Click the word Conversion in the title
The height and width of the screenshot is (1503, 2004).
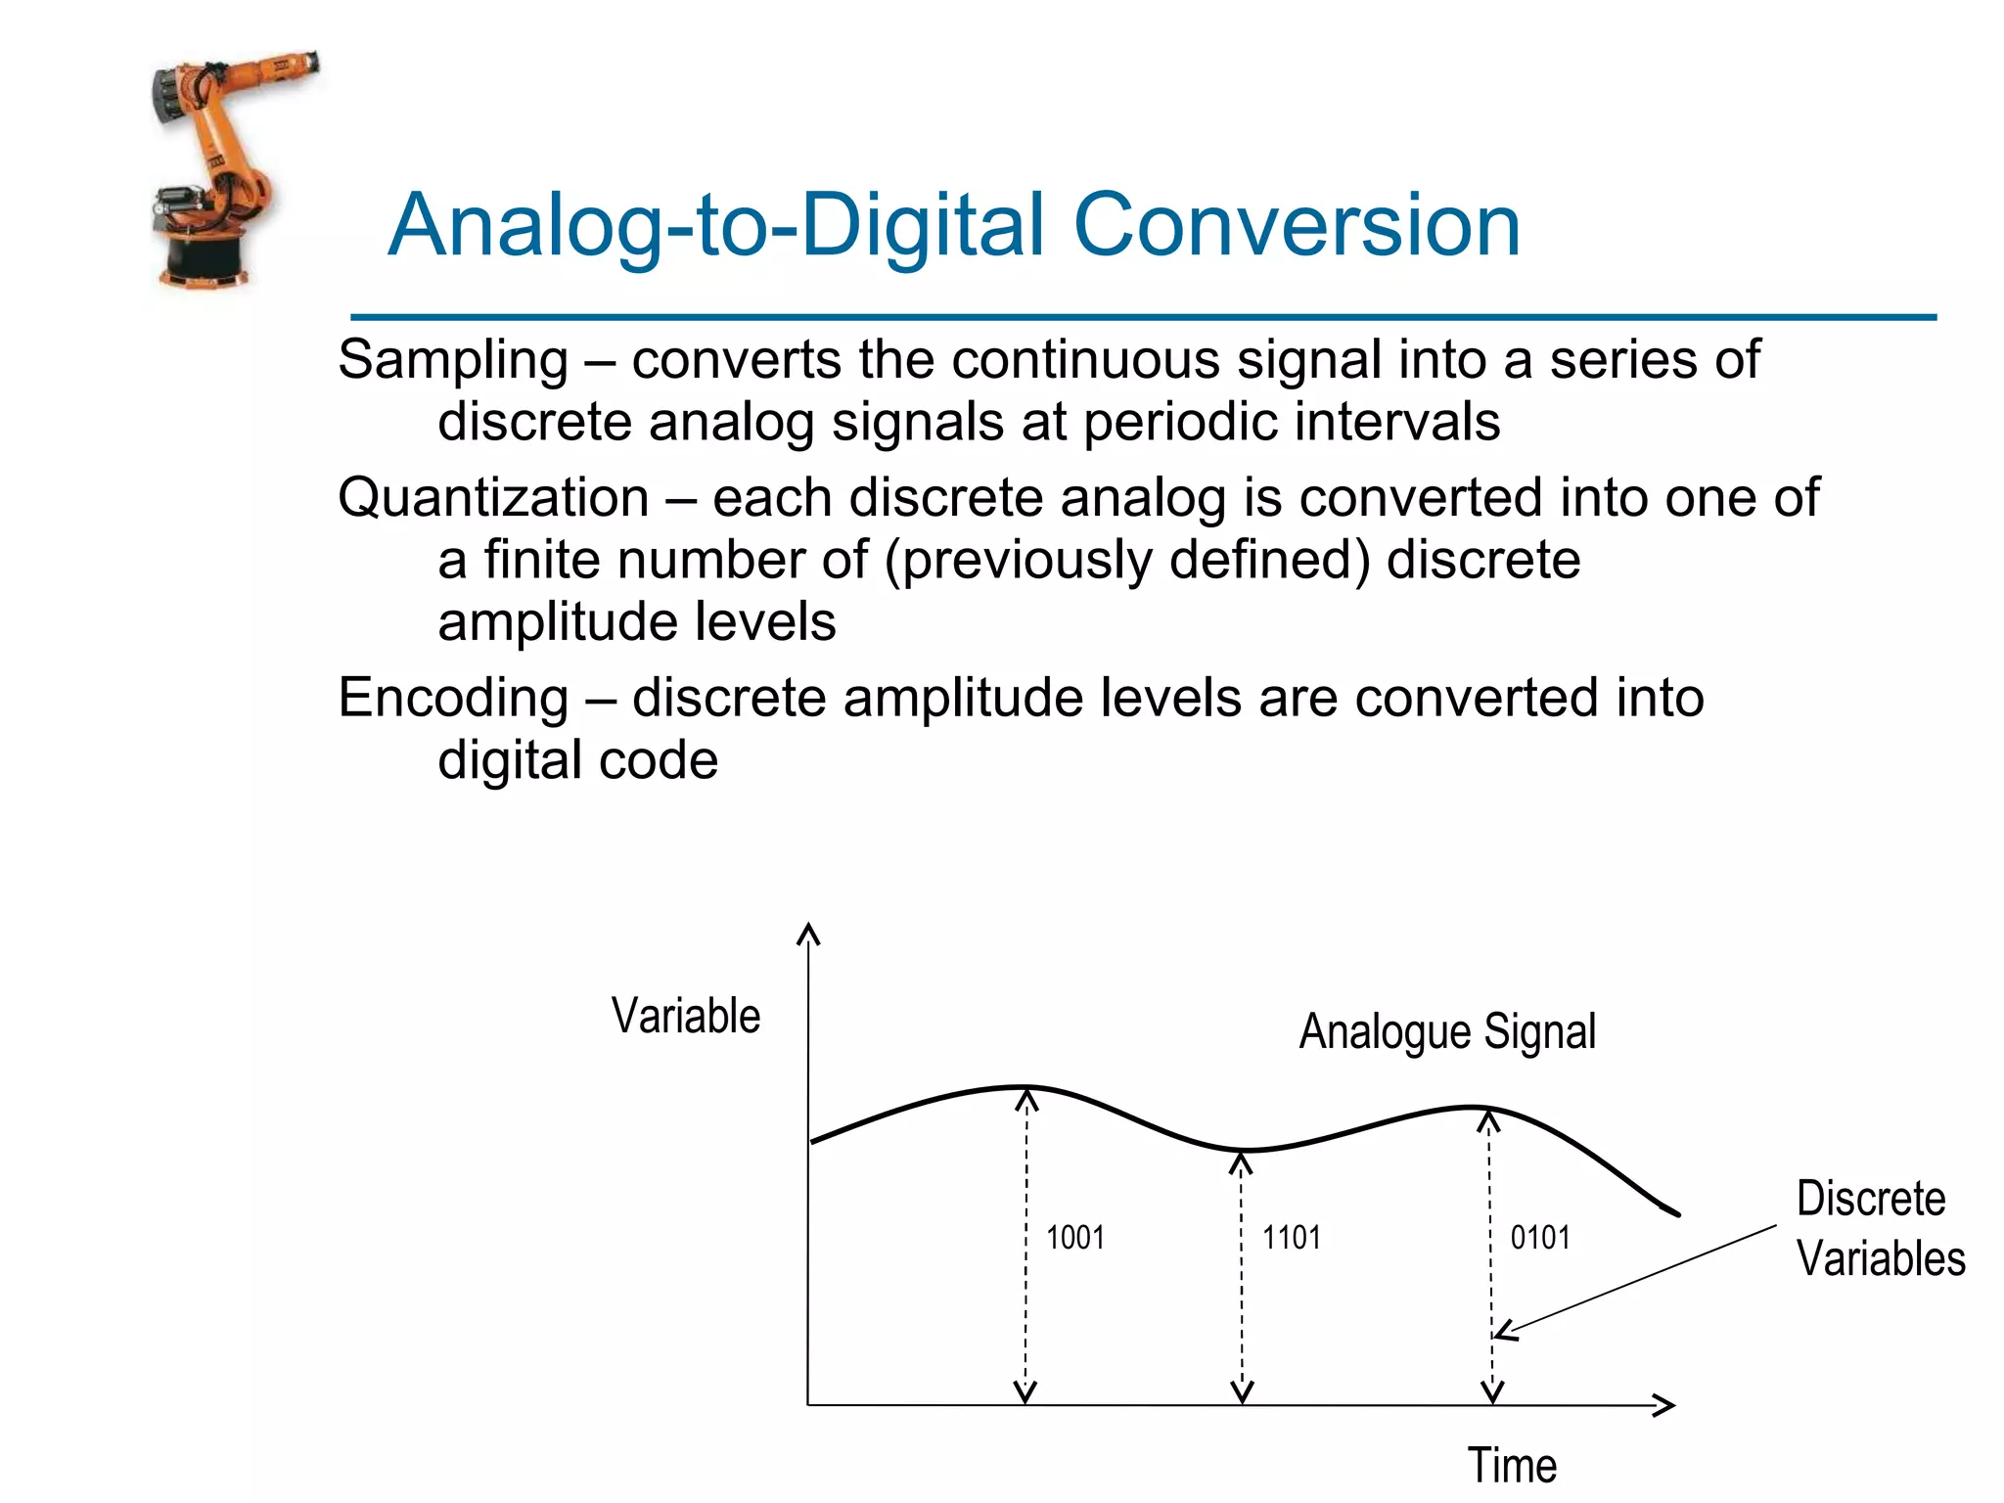point(1297,225)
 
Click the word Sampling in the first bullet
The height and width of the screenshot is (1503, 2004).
point(453,360)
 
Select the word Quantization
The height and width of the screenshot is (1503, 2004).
point(493,497)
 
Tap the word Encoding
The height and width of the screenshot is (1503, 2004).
point(453,698)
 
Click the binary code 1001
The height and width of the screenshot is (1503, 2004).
point(1074,1238)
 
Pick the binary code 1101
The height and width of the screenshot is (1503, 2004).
point(1291,1238)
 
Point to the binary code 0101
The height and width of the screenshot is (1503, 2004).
point(1539,1238)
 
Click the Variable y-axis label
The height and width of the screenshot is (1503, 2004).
point(685,1016)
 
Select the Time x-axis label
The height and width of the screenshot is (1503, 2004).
point(1512,1465)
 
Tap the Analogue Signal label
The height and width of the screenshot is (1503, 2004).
point(1446,1032)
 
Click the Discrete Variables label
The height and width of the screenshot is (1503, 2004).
point(1879,1229)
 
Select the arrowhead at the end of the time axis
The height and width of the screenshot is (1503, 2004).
point(1665,1405)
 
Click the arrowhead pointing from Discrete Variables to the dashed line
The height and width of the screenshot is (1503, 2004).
point(1505,1331)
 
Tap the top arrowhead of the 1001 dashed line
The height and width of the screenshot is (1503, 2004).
point(1025,1100)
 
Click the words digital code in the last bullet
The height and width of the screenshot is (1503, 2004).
point(577,760)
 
